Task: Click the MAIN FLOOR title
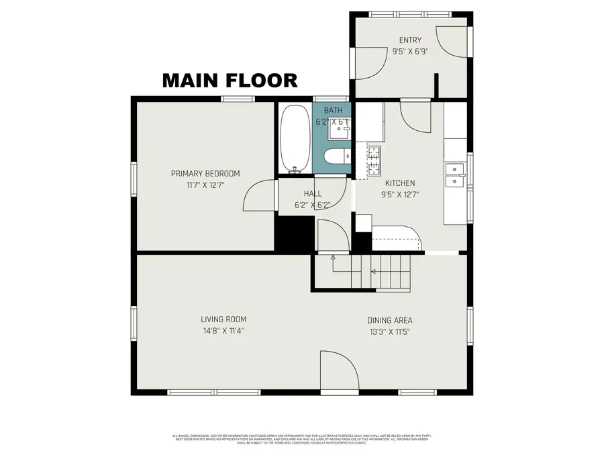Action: pyautogui.click(x=230, y=81)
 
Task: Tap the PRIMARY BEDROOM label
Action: pyautogui.click(x=205, y=174)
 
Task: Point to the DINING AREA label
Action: pyautogui.click(x=389, y=320)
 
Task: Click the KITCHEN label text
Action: pyautogui.click(x=399, y=183)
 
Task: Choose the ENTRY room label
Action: pyautogui.click(x=410, y=40)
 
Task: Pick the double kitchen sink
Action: pyautogui.click(x=455, y=174)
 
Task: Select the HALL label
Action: pyautogui.click(x=313, y=193)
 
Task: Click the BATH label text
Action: pyautogui.click(x=333, y=110)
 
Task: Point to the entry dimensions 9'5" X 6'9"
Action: pyautogui.click(x=410, y=50)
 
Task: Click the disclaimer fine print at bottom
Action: pyautogui.click(x=302, y=440)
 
